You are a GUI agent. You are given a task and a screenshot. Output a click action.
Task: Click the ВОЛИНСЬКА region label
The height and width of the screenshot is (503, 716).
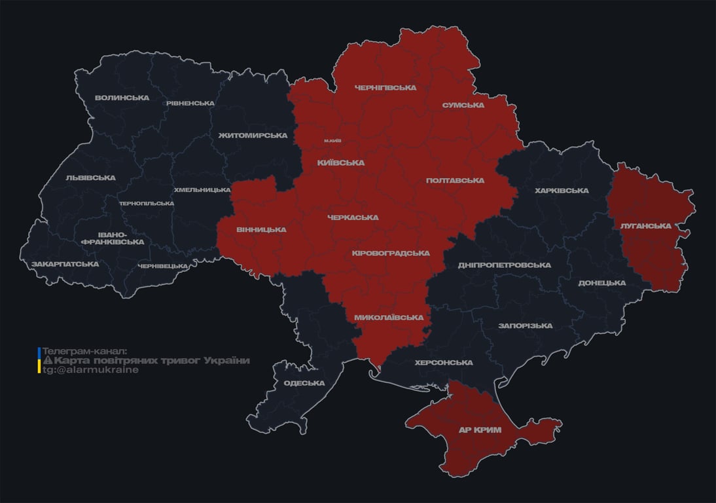[122, 98]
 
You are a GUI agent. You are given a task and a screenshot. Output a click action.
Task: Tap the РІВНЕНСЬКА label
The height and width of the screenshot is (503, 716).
[190, 103]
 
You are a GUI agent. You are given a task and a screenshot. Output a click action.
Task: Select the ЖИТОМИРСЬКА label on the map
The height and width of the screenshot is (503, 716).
[253, 136]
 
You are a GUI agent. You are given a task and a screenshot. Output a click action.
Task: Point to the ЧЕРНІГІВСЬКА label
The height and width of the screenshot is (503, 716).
[385, 88]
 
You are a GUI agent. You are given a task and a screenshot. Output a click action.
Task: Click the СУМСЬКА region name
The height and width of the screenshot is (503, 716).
[463, 105]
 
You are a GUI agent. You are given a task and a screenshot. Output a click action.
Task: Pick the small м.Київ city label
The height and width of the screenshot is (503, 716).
[332, 141]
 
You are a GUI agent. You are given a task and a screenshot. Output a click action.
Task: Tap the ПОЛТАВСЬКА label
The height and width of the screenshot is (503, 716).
[455, 180]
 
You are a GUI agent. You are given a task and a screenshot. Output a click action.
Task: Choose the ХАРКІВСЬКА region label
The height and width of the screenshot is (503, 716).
[562, 191]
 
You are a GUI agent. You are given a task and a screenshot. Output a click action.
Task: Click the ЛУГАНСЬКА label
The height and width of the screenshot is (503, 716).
[645, 226]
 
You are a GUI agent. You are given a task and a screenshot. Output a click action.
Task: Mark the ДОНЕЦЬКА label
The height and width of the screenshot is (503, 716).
[601, 283]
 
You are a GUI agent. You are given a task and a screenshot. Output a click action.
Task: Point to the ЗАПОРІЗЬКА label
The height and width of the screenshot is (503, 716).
[525, 326]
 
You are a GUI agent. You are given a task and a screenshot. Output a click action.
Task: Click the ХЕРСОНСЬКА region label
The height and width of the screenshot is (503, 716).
[444, 363]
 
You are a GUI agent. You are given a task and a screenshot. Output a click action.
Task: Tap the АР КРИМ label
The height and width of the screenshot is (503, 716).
[480, 430]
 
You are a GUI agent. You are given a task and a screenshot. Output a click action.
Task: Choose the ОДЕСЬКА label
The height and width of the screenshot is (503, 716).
[304, 383]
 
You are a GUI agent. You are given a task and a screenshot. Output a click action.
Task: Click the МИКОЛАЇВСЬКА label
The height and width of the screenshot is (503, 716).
[388, 318]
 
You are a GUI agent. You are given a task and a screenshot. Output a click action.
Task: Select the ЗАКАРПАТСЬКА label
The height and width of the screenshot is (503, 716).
[65, 264]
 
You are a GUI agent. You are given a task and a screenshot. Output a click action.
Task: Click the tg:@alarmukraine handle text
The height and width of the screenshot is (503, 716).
[90, 370]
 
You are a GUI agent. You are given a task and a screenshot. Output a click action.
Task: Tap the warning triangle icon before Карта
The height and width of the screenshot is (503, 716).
[47, 361]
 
